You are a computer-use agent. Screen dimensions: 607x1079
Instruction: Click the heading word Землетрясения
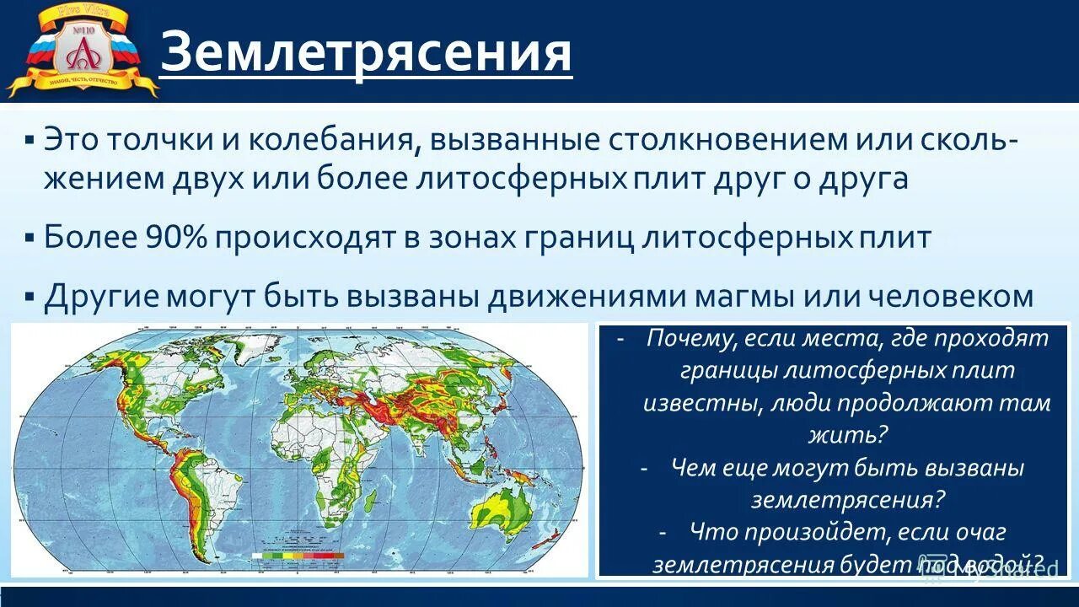pos(366,53)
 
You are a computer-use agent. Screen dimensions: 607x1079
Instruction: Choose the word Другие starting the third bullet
pos(102,296)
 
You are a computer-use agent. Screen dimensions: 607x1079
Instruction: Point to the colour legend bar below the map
pos(298,556)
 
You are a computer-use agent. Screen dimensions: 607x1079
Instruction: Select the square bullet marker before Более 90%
pos(30,238)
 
